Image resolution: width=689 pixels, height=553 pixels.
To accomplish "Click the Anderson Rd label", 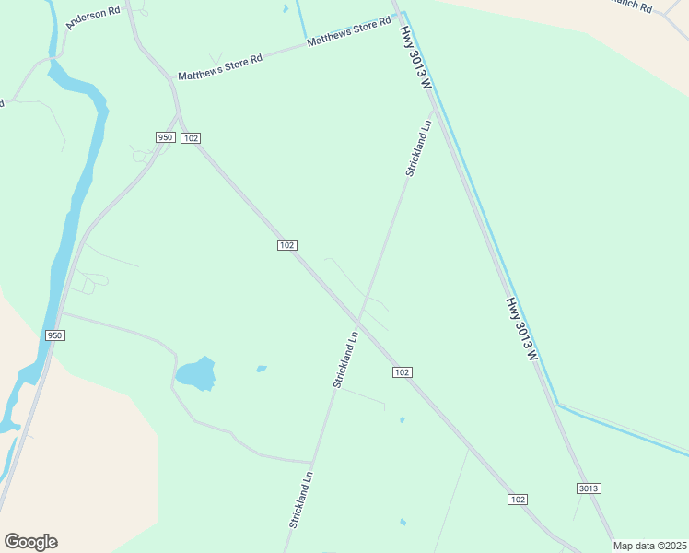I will (94, 17).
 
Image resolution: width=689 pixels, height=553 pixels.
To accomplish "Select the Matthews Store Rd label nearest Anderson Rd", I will (220, 64).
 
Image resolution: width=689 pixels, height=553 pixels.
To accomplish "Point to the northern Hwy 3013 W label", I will (415, 56).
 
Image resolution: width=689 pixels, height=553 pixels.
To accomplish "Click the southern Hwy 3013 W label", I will (520, 328).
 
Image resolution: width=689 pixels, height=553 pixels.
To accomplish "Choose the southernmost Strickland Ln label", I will (301, 500).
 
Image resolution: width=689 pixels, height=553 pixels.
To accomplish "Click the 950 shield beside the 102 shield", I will (165, 137).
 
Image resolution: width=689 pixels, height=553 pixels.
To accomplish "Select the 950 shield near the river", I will (54, 335).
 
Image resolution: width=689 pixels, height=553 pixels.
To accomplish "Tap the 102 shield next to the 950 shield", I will (191, 138).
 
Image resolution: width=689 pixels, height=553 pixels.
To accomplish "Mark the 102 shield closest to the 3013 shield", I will (518, 499).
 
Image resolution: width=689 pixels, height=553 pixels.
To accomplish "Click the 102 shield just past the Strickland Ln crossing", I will (401, 371).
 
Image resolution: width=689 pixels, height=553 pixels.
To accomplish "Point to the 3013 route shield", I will (590, 488).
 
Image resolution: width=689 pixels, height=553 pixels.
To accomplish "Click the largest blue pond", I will (196, 373).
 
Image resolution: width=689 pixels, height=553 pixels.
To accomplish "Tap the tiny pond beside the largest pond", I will (262, 369).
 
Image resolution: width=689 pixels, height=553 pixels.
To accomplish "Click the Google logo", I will (30, 542).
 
